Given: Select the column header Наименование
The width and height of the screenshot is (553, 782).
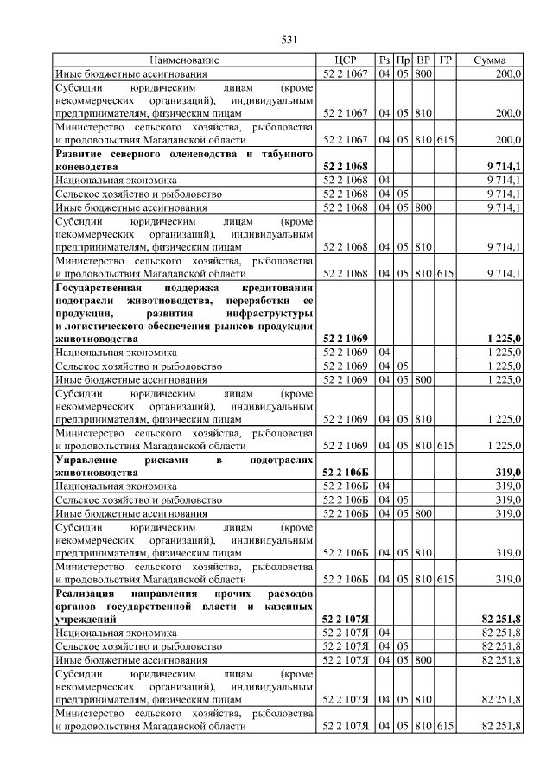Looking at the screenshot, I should [x=184, y=60].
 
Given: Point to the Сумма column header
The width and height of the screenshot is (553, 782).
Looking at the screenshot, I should [x=490, y=60].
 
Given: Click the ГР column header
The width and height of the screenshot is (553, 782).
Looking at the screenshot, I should [x=445, y=60].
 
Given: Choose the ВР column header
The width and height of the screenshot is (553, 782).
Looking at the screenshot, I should [x=423, y=60].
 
